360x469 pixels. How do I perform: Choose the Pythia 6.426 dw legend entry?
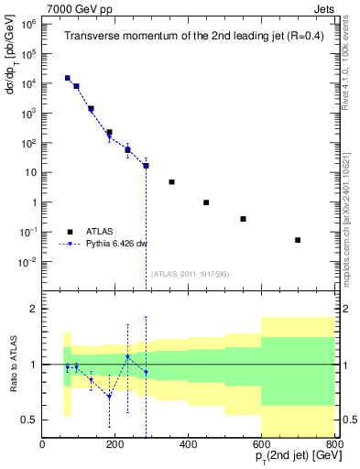[x=116, y=244]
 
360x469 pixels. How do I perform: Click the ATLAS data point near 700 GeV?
[x=298, y=240]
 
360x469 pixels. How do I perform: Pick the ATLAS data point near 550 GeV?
[x=243, y=219]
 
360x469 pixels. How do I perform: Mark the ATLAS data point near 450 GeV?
[x=206, y=202]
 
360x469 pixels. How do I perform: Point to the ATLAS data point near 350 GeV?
[x=171, y=182]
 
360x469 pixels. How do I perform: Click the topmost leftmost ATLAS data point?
[x=67, y=79]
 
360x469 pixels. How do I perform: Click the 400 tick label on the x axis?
[x=188, y=445]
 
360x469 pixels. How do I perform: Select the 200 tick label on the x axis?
[x=115, y=445]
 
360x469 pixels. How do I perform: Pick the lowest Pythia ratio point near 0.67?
[x=109, y=397]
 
